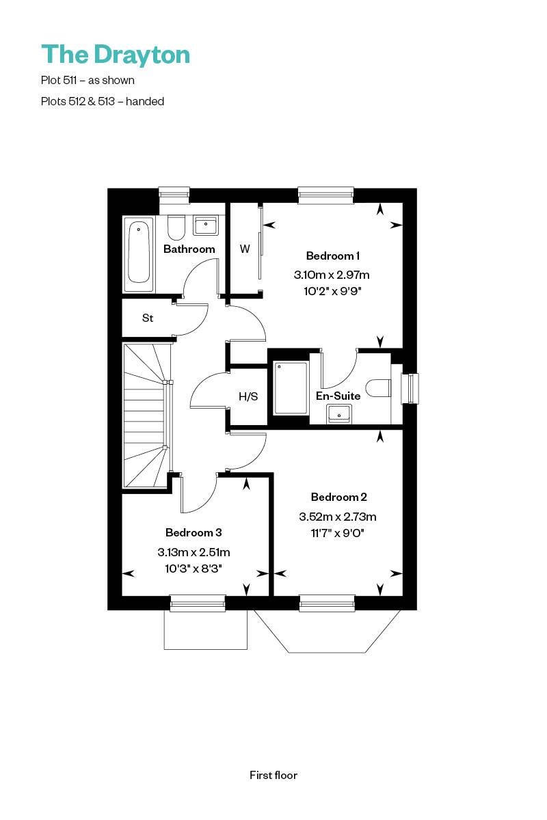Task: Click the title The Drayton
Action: tap(116, 55)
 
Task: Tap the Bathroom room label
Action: tap(189, 249)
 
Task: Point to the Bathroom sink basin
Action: tap(206, 225)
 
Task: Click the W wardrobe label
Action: tap(245, 249)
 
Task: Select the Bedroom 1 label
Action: tap(332, 256)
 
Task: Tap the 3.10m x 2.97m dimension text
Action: tap(332, 275)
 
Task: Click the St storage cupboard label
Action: tap(147, 318)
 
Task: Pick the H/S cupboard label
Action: tap(248, 396)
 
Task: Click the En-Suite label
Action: tap(338, 396)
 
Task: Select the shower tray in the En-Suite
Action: tap(291, 388)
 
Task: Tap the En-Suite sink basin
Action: tap(340, 413)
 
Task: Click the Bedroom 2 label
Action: tap(339, 497)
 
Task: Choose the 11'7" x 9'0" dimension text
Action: tap(337, 533)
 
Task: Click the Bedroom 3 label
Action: tap(194, 532)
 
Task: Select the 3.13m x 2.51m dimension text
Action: tap(194, 552)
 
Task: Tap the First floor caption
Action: tap(273, 775)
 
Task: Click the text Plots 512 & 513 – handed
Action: tap(103, 101)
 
